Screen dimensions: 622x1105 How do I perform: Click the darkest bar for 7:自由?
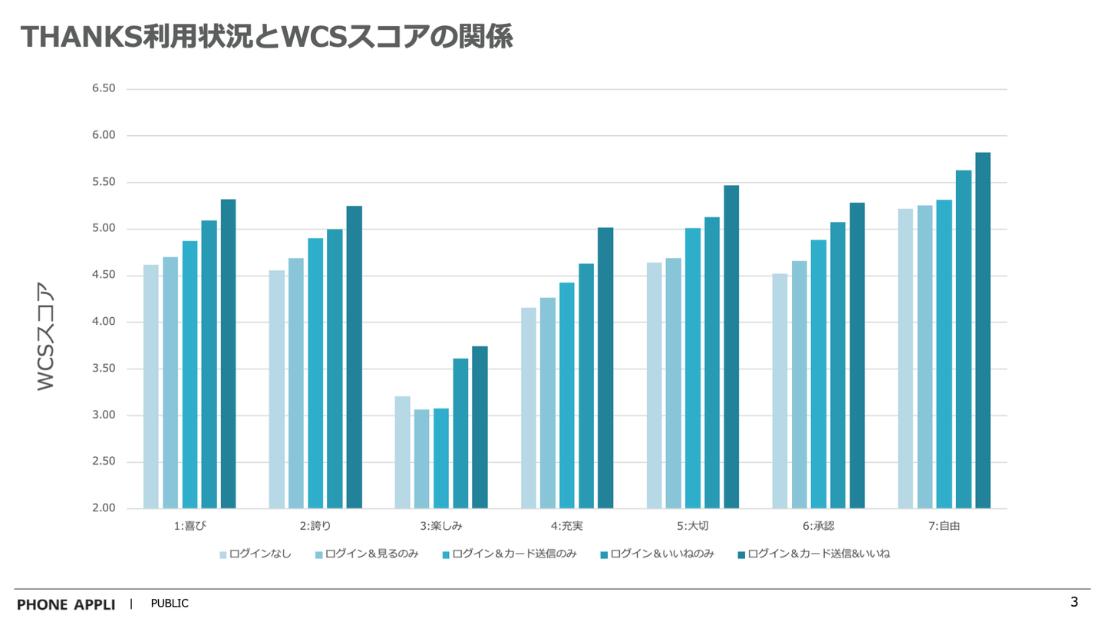983,330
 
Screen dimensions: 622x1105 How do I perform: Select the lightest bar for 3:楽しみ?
403,452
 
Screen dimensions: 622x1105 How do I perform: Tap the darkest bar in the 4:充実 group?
605,368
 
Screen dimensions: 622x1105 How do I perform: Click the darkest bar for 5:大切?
731,346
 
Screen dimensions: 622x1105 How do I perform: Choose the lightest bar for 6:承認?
780,391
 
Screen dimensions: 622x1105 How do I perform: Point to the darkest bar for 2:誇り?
354,357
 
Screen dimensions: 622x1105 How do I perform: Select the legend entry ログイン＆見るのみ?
371,554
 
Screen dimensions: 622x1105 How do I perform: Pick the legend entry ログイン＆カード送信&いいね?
818,554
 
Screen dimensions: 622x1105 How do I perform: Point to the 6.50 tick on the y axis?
104,88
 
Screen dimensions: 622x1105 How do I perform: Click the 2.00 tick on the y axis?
104,508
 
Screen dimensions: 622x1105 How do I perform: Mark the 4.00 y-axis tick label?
104,322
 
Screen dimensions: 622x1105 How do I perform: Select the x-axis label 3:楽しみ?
441,526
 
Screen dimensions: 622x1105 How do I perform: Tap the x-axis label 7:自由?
944,526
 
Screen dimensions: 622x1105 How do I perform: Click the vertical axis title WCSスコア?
46,338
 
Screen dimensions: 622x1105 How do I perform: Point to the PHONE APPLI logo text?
66,604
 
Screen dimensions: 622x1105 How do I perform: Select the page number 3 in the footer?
1074,602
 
